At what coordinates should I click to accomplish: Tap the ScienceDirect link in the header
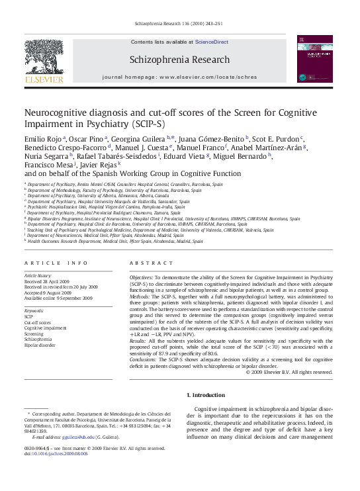211,42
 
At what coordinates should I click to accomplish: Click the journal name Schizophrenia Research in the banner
180,60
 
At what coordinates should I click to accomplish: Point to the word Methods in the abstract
140,298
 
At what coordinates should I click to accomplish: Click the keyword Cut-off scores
38,322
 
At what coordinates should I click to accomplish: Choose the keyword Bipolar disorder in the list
40,345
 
